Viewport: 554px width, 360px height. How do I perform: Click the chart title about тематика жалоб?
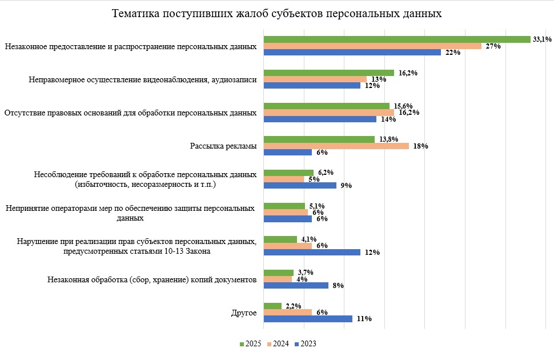coord(276,13)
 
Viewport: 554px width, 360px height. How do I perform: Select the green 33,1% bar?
coord(397,39)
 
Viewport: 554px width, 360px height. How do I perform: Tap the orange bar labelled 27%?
coord(372,46)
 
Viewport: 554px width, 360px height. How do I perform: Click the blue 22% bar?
coord(352,53)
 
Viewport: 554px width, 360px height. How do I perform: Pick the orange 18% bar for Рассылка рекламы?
coord(336,146)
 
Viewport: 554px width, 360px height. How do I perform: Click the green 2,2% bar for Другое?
coord(272,306)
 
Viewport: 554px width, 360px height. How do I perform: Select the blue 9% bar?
coord(300,185)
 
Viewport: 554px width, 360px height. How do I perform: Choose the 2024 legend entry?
coord(278,344)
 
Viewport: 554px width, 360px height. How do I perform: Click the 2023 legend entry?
coord(305,344)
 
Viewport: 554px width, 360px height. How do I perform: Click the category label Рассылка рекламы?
coord(223,146)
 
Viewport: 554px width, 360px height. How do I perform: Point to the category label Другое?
coord(243,313)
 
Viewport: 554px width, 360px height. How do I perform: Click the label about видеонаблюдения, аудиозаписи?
coord(142,79)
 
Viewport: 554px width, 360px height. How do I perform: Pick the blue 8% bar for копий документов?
coord(295,285)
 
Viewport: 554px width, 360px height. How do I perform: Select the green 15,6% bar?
coord(326,106)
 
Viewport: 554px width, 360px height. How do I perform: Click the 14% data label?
coord(388,119)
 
